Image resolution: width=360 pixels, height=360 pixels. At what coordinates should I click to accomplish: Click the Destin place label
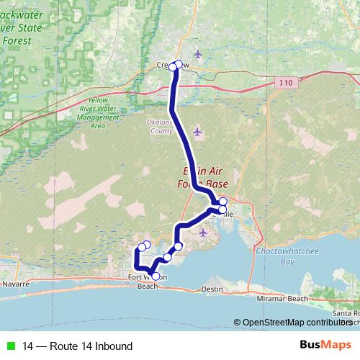(x=213, y=289)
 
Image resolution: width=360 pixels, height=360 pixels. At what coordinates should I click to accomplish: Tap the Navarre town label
(x=15, y=284)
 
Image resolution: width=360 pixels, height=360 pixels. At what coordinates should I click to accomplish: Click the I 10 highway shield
(x=286, y=84)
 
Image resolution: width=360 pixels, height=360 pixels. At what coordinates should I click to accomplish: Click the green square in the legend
(x=11, y=346)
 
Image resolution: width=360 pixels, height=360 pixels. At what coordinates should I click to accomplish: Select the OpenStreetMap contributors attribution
(x=296, y=323)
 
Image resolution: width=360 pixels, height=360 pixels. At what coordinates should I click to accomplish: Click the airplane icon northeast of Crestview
(x=199, y=54)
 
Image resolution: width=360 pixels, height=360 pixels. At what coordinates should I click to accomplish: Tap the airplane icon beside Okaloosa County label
(x=199, y=132)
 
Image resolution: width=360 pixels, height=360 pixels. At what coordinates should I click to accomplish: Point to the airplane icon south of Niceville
(x=203, y=233)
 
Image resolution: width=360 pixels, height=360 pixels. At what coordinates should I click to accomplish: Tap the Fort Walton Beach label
(x=147, y=281)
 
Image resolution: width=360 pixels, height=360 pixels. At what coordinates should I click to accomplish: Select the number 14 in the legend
(x=28, y=346)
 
